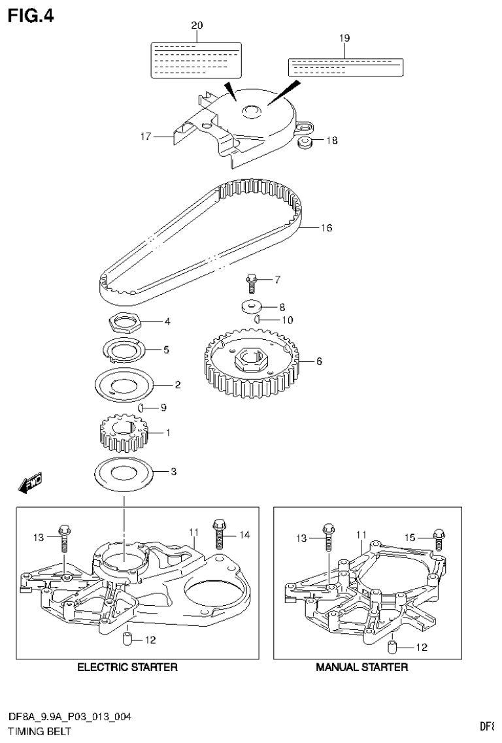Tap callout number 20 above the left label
(x=197, y=25)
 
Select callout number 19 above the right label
(x=344, y=39)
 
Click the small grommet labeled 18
(x=304, y=142)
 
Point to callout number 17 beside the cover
(x=145, y=137)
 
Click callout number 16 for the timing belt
(x=326, y=228)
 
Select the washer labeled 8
(x=251, y=306)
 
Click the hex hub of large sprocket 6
(x=249, y=359)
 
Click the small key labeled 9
(x=141, y=408)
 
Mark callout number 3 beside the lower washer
(x=173, y=471)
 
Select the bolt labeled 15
(x=439, y=538)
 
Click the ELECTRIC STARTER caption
(x=127, y=667)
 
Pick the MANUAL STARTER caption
(x=361, y=667)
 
